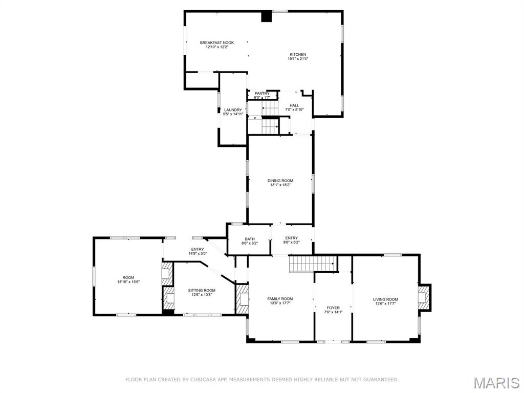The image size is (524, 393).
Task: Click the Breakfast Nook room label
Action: point(216,42)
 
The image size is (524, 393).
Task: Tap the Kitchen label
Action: point(298,54)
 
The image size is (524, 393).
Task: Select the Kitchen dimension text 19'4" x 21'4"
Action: point(298,59)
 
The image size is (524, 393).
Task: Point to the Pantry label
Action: point(262,93)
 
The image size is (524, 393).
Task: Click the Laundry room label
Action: point(233,110)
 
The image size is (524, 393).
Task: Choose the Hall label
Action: point(294,105)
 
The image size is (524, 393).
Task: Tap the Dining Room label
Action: point(280,181)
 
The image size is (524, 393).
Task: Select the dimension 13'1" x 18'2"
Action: point(280,185)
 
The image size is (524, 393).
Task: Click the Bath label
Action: point(250,238)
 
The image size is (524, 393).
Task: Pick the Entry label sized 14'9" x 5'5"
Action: point(197,249)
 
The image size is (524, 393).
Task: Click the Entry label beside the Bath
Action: point(291,238)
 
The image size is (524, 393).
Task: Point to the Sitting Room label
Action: point(194,290)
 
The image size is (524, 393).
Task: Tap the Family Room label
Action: point(280,299)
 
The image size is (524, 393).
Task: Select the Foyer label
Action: point(333,308)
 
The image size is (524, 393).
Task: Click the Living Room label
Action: point(385,299)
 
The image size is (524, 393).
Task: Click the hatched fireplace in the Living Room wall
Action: point(424,297)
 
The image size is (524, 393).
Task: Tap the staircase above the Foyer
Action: point(313,264)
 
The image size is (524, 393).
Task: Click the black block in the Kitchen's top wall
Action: point(266,17)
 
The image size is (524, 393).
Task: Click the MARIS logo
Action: point(496,383)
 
